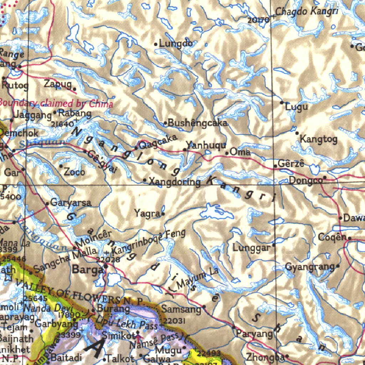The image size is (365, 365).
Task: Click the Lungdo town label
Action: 176,43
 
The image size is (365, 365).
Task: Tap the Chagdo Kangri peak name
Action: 307,11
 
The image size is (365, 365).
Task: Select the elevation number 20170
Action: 258,20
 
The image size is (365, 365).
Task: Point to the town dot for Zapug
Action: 74,89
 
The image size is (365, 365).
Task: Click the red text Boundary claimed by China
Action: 56,103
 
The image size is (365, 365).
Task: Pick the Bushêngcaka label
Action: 197,123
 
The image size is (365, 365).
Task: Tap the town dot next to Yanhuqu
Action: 185,150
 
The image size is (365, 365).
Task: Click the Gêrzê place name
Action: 291,164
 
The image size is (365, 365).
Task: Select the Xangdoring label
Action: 174,182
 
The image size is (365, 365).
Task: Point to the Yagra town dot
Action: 163,214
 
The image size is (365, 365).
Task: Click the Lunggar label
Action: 251,247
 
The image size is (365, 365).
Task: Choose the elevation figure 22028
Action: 108,259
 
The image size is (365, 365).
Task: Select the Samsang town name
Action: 181,309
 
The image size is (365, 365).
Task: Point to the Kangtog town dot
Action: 297,133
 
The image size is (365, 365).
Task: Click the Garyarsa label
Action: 71,202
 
